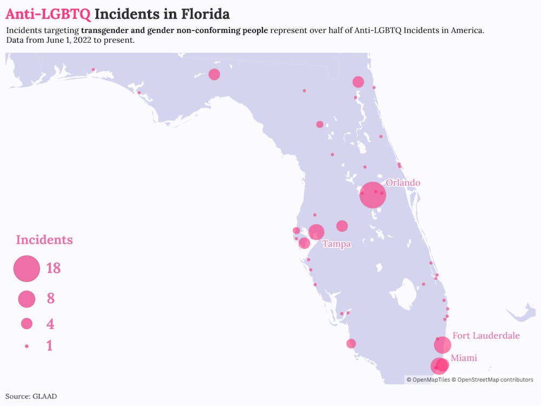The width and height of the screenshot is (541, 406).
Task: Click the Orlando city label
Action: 403,182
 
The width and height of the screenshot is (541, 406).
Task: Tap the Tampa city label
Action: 337,244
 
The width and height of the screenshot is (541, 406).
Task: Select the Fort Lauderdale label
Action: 486,336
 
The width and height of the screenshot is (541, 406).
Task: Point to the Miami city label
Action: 464,358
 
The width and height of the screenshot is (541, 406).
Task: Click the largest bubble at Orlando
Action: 373,195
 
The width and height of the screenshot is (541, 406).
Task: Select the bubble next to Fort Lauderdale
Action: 443,345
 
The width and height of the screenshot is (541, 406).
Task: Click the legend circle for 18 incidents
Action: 27,269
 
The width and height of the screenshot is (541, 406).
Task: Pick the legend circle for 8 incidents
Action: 27,299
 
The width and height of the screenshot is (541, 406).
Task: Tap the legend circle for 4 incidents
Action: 27,324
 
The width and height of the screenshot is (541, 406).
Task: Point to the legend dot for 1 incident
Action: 27,345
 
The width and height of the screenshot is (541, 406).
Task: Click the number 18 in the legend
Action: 53,268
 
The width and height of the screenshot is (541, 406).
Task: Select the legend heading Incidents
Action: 44,240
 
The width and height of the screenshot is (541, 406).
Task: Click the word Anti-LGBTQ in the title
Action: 48,14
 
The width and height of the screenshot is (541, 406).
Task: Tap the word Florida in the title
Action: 203,14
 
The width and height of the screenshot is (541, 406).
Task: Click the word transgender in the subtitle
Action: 104,30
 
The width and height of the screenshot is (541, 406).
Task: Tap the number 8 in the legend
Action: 51,298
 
